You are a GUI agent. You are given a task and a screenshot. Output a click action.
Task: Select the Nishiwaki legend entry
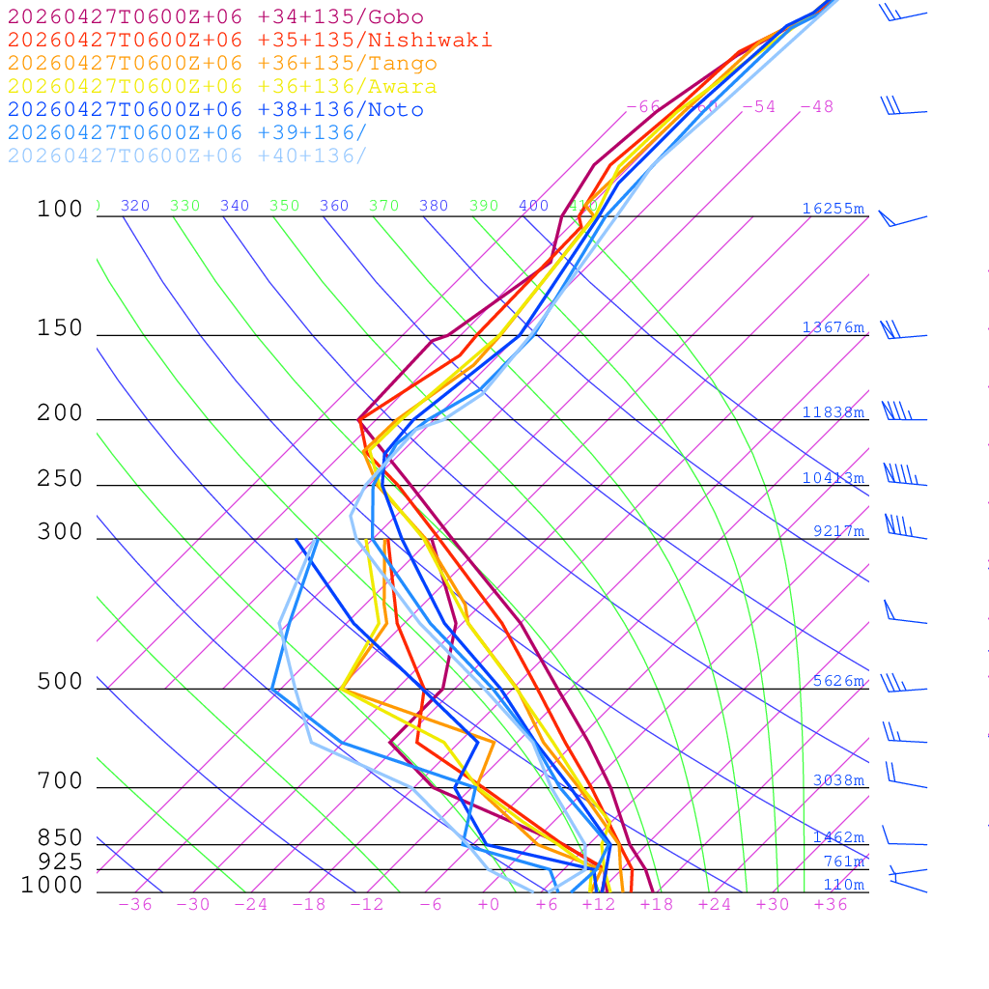(x=249, y=41)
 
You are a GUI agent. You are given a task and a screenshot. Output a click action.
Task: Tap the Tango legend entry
(x=222, y=64)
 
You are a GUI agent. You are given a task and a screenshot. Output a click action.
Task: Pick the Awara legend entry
(x=222, y=87)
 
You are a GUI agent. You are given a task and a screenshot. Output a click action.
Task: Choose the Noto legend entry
(x=215, y=110)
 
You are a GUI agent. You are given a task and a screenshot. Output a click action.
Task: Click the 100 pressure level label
(x=60, y=210)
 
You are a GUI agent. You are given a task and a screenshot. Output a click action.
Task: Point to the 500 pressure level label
(x=60, y=682)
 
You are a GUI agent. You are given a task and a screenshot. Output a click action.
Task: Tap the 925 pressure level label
(x=60, y=862)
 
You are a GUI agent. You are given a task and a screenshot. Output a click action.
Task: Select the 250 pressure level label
(x=60, y=479)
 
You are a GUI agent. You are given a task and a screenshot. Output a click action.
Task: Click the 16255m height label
(x=833, y=209)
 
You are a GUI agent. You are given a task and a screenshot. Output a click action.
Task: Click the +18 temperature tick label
(x=657, y=904)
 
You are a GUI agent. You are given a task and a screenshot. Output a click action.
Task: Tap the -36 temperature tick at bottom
(x=135, y=904)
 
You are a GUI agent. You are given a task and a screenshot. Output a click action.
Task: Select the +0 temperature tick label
(x=489, y=904)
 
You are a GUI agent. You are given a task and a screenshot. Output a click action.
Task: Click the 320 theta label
(x=135, y=206)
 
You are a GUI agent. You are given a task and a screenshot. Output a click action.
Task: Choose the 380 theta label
(x=434, y=206)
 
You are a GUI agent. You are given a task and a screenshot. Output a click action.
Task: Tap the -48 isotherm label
(x=816, y=107)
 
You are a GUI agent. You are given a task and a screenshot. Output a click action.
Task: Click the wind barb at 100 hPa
(x=902, y=220)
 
